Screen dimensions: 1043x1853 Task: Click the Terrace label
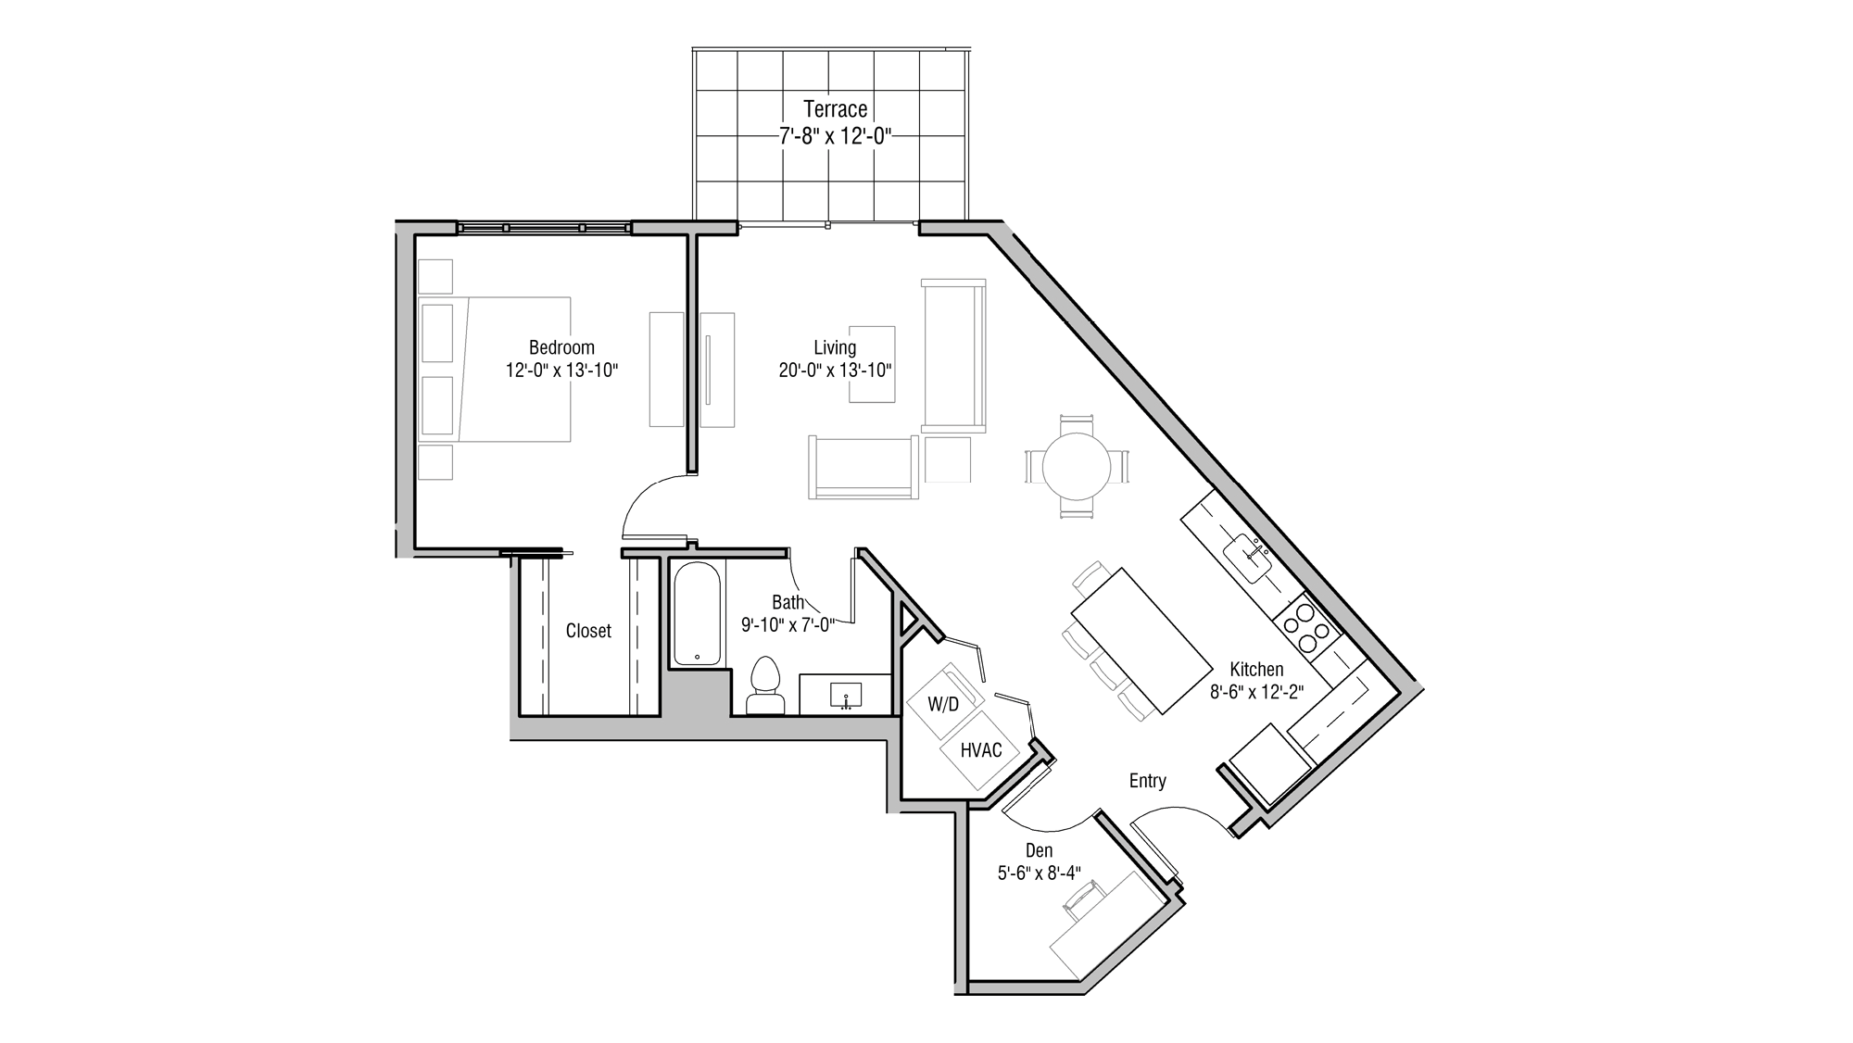click(835, 109)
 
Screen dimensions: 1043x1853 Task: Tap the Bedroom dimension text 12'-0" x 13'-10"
click(561, 371)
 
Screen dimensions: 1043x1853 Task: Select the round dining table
click(1077, 468)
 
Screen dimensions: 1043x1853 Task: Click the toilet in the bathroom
click(765, 685)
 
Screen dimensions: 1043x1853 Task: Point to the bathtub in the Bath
click(697, 614)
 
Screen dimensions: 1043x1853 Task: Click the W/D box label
click(943, 704)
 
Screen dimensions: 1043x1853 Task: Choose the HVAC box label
click(981, 750)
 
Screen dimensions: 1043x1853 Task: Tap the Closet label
click(588, 631)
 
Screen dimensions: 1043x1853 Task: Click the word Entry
click(1147, 781)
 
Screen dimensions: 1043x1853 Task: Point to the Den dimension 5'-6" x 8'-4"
click(1039, 873)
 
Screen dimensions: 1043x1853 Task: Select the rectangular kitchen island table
click(1141, 640)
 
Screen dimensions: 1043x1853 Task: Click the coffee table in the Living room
click(872, 364)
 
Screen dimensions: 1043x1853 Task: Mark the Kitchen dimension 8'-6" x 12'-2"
click(1256, 691)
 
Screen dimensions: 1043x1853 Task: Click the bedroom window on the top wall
click(544, 228)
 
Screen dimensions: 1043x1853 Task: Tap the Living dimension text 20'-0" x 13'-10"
click(834, 371)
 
